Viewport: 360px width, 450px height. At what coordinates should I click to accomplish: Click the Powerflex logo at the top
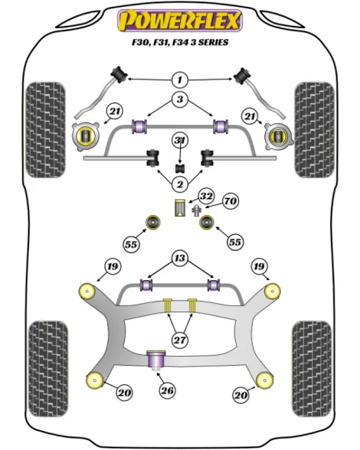pos(180,21)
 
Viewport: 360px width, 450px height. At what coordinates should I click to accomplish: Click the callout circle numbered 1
pos(180,80)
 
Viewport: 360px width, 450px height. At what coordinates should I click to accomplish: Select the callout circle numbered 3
pos(180,99)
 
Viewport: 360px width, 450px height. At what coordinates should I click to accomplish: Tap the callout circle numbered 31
pos(180,140)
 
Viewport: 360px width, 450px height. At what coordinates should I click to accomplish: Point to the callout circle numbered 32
pos(206,197)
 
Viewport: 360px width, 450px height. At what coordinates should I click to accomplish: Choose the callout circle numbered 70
pos(231,201)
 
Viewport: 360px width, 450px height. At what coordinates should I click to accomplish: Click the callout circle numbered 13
pos(180,258)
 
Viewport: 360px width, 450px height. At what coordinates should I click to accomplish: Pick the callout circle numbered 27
pos(180,340)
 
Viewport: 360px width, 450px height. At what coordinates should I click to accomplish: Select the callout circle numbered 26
pos(167,390)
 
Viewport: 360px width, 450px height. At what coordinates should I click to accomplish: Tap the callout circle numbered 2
pos(180,184)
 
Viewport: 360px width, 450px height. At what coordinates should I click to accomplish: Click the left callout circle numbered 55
pos(131,245)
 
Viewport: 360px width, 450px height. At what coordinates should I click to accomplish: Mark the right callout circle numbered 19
pos(259,266)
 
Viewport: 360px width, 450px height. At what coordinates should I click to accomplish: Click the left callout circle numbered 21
pos(114,111)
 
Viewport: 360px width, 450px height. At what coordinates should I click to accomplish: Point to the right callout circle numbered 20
pos(241,395)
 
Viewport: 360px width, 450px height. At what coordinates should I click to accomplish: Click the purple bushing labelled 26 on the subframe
pos(156,360)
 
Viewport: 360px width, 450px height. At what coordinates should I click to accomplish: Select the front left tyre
pos(45,130)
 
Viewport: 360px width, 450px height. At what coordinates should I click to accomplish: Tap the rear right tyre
pos(312,369)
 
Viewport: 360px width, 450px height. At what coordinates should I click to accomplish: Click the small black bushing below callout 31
pos(180,168)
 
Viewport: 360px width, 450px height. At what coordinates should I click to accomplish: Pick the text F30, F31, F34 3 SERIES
pos(180,43)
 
